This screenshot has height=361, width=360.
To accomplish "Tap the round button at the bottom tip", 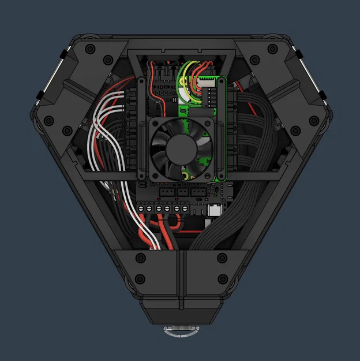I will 180,330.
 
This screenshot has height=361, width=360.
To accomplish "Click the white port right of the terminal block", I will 215,210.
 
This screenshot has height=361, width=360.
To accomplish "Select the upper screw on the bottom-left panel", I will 140,258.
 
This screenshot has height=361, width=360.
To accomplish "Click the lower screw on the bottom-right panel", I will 221,280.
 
